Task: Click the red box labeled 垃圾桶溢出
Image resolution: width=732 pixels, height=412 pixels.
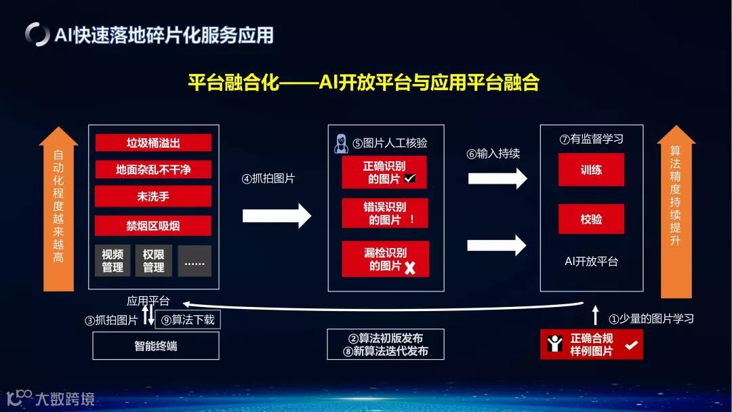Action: point(153,143)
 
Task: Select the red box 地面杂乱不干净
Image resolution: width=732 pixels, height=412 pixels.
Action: point(153,169)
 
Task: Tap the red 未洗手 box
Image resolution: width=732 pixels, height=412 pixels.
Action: point(153,197)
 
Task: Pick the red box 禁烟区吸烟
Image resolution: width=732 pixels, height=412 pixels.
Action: point(153,226)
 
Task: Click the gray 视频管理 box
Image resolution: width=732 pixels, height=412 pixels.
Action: point(113,261)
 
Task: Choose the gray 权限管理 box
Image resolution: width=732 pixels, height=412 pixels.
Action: point(153,261)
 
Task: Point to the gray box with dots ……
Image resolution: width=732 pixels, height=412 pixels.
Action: point(195,261)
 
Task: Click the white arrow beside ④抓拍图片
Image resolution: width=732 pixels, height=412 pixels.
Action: point(277,216)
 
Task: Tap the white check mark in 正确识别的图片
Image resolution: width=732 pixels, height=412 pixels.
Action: point(410,179)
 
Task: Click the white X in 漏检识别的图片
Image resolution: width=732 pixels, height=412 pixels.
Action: point(409,268)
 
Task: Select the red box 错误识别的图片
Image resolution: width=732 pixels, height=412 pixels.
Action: point(385,213)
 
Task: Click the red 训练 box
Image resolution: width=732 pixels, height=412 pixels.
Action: point(591,169)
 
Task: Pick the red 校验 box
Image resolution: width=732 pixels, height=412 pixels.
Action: point(591,219)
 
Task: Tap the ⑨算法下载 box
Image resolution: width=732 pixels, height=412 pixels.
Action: point(188,320)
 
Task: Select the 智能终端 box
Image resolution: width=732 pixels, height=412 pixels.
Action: point(155,346)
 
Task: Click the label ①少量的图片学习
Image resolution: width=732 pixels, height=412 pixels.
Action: point(651,318)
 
